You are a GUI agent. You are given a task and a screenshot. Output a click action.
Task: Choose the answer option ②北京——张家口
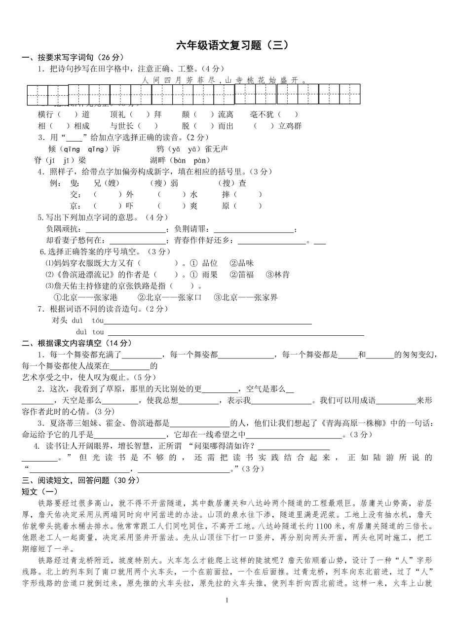(x=170, y=297)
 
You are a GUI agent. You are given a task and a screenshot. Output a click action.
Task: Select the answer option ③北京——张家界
(x=246, y=297)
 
